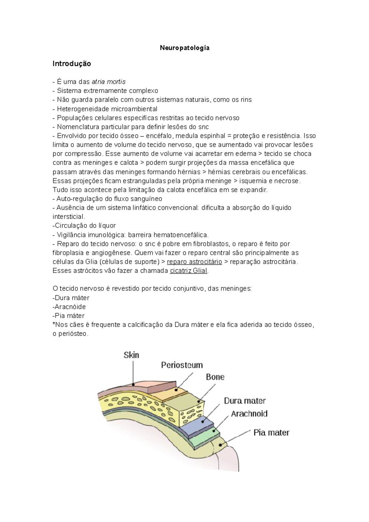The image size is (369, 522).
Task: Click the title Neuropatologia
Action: pyautogui.click(x=184, y=48)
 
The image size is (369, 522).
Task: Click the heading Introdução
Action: pyautogui.click(x=72, y=64)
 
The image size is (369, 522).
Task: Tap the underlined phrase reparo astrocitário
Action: pyautogui.click(x=194, y=262)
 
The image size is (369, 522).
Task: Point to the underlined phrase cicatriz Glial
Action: pyautogui.click(x=189, y=271)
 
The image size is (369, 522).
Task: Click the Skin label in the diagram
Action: pyautogui.click(x=131, y=355)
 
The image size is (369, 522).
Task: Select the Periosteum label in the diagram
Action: pyautogui.click(x=182, y=365)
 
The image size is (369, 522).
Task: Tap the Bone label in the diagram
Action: pyautogui.click(x=215, y=377)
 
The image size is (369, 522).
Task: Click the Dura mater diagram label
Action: pyautogui.click(x=244, y=401)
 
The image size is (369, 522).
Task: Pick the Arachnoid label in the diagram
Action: pyautogui.click(x=249, y=414)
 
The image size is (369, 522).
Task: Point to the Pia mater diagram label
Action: pyautogui.click(x=271, y=433)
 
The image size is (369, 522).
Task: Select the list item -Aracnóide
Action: pyautogui.click(x=69, y=307)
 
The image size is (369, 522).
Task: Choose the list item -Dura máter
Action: pyautogui.click(x=71, y=298)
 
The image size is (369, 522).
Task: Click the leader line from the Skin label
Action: pyautogui.click(x=133, y=372)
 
